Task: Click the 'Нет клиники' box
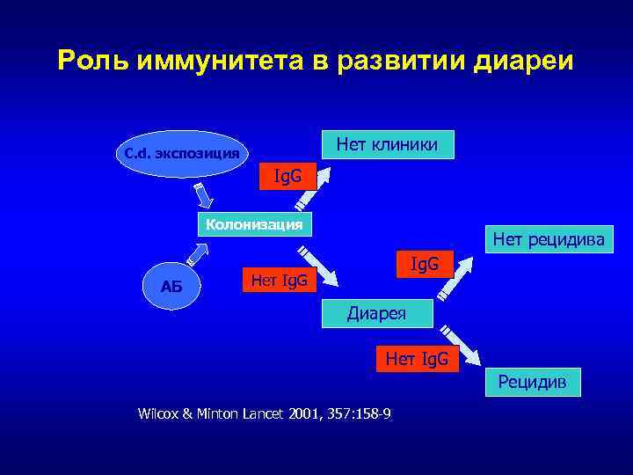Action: tap(388, 144)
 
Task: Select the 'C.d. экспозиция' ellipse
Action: tap(181, 153)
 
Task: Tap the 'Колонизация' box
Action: tap(254, 224)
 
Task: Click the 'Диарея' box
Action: tap(375, 312)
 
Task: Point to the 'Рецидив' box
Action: tap(533, 382)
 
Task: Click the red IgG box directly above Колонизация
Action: tap(287, 176)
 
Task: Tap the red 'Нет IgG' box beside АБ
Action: tap(280, 281)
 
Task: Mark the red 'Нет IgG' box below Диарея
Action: tap(417, 358)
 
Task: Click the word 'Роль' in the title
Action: tap(88, 61)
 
